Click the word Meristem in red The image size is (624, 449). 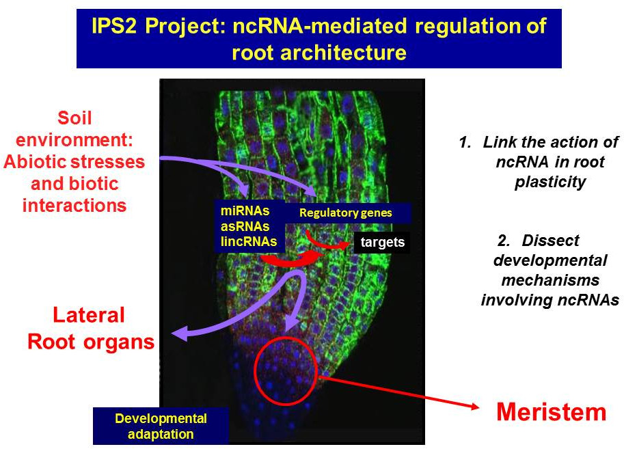(551, 412)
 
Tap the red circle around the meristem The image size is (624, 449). (286, 370)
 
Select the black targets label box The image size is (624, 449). (381, 243)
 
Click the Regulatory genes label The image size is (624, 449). (346, 213)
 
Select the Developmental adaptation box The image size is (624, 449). (161, 426)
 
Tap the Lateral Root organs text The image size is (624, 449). (90, 328)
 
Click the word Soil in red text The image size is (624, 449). (74, 119)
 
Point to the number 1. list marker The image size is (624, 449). (465, 142)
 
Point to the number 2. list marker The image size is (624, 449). (504, 241)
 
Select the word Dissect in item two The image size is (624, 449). (550, 241)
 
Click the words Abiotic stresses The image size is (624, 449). (74, 162)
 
